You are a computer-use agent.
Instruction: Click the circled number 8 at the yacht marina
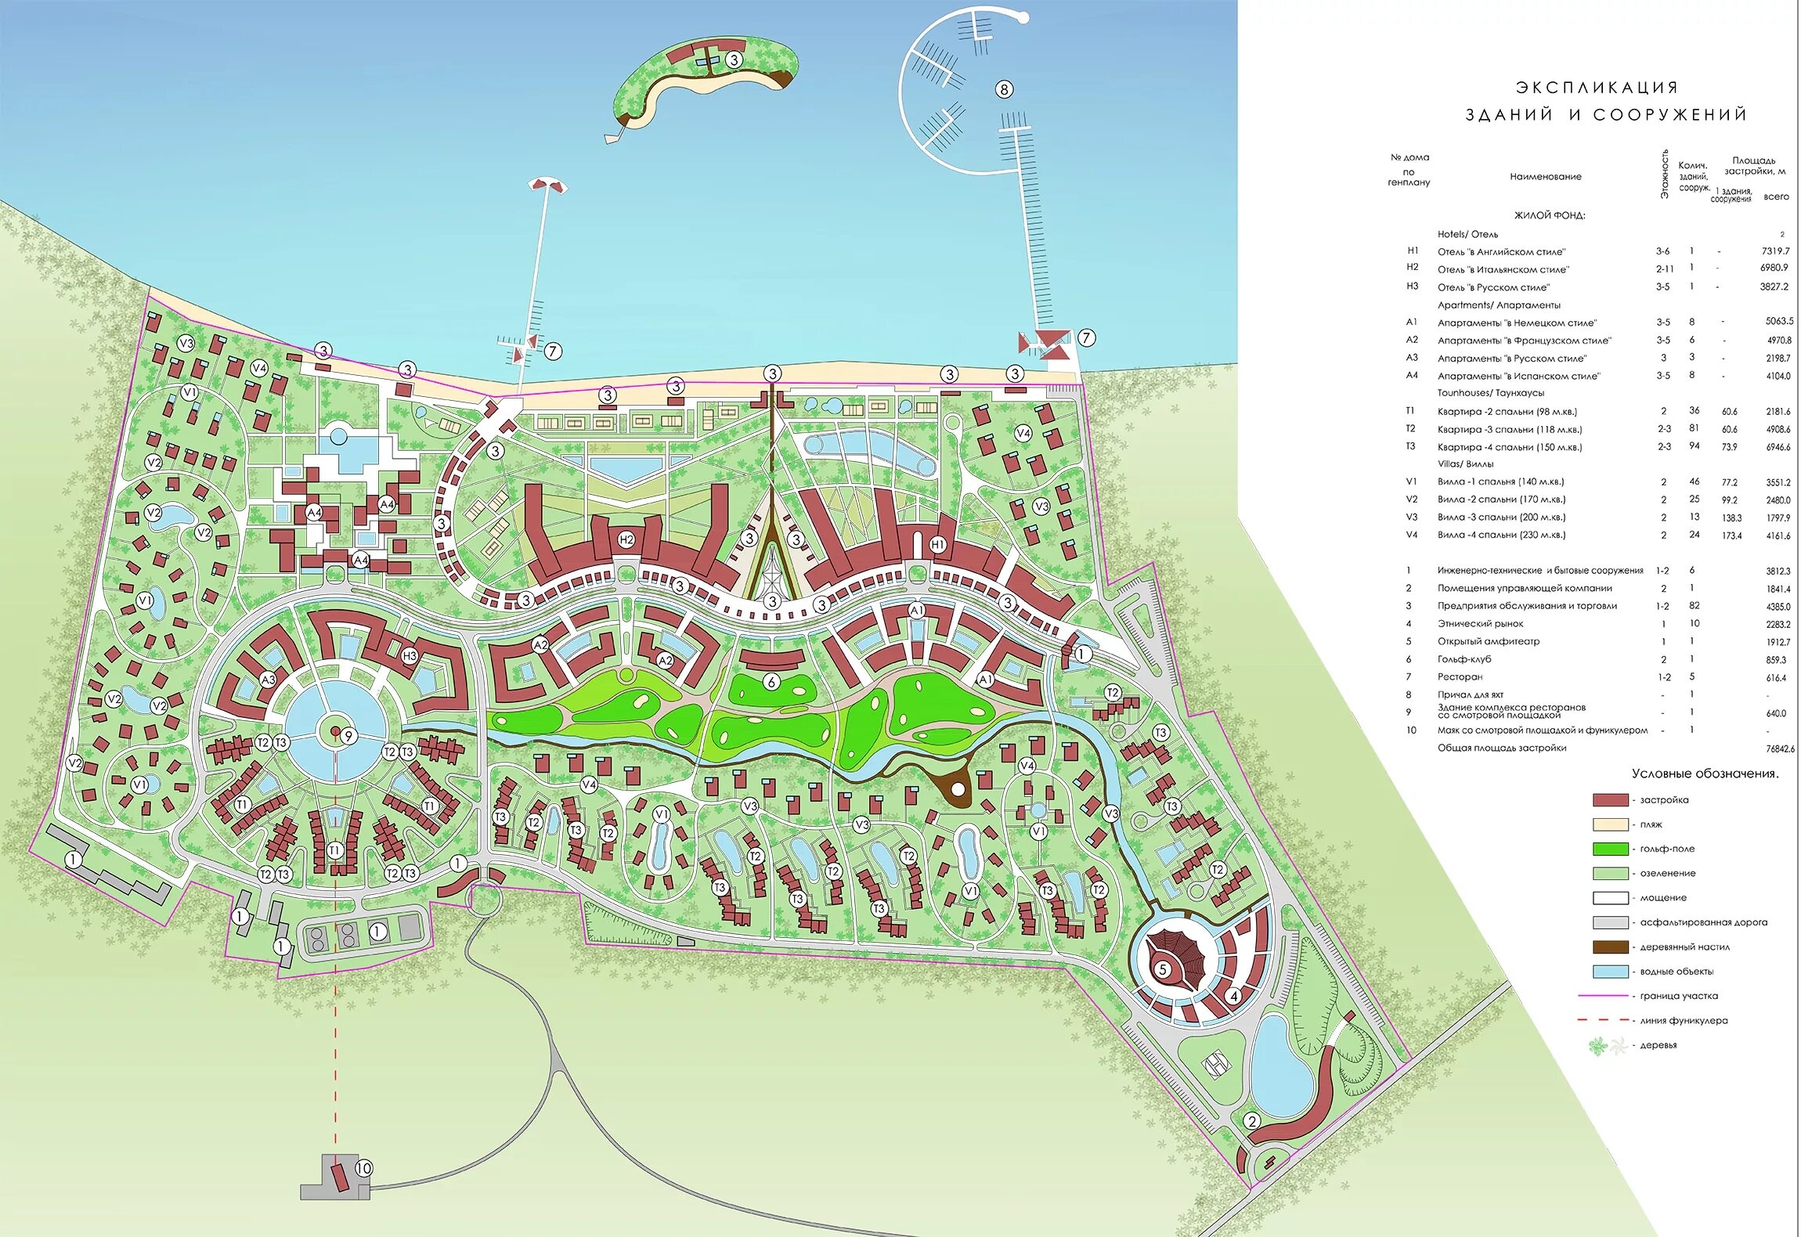coord(1004,89)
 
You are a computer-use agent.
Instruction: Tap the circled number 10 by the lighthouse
coord(363,1169)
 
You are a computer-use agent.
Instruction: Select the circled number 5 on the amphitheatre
coord(1163,970)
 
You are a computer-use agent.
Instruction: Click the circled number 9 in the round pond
coord(348,735)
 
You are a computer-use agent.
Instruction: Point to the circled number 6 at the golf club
coord(771,682)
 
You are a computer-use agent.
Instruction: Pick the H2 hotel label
coord(626,539)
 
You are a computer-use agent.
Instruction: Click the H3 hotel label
coord(410,656)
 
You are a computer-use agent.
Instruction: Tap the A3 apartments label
coord(268,680)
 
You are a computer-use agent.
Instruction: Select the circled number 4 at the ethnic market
coord(1234,996)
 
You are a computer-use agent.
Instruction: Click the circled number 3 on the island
coord(733,60)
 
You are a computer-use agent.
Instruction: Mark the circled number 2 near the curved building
coord(1252,1121)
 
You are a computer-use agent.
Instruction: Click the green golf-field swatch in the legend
coord(1610,849)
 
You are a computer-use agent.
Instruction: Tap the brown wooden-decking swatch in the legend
coord(1610,947)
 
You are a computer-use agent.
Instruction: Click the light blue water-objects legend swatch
coord(1610,972)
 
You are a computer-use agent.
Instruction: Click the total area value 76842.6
coord(1780,748)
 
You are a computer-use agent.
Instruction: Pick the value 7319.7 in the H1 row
coord(1775,251)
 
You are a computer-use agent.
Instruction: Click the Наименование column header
coord(1545,177)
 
